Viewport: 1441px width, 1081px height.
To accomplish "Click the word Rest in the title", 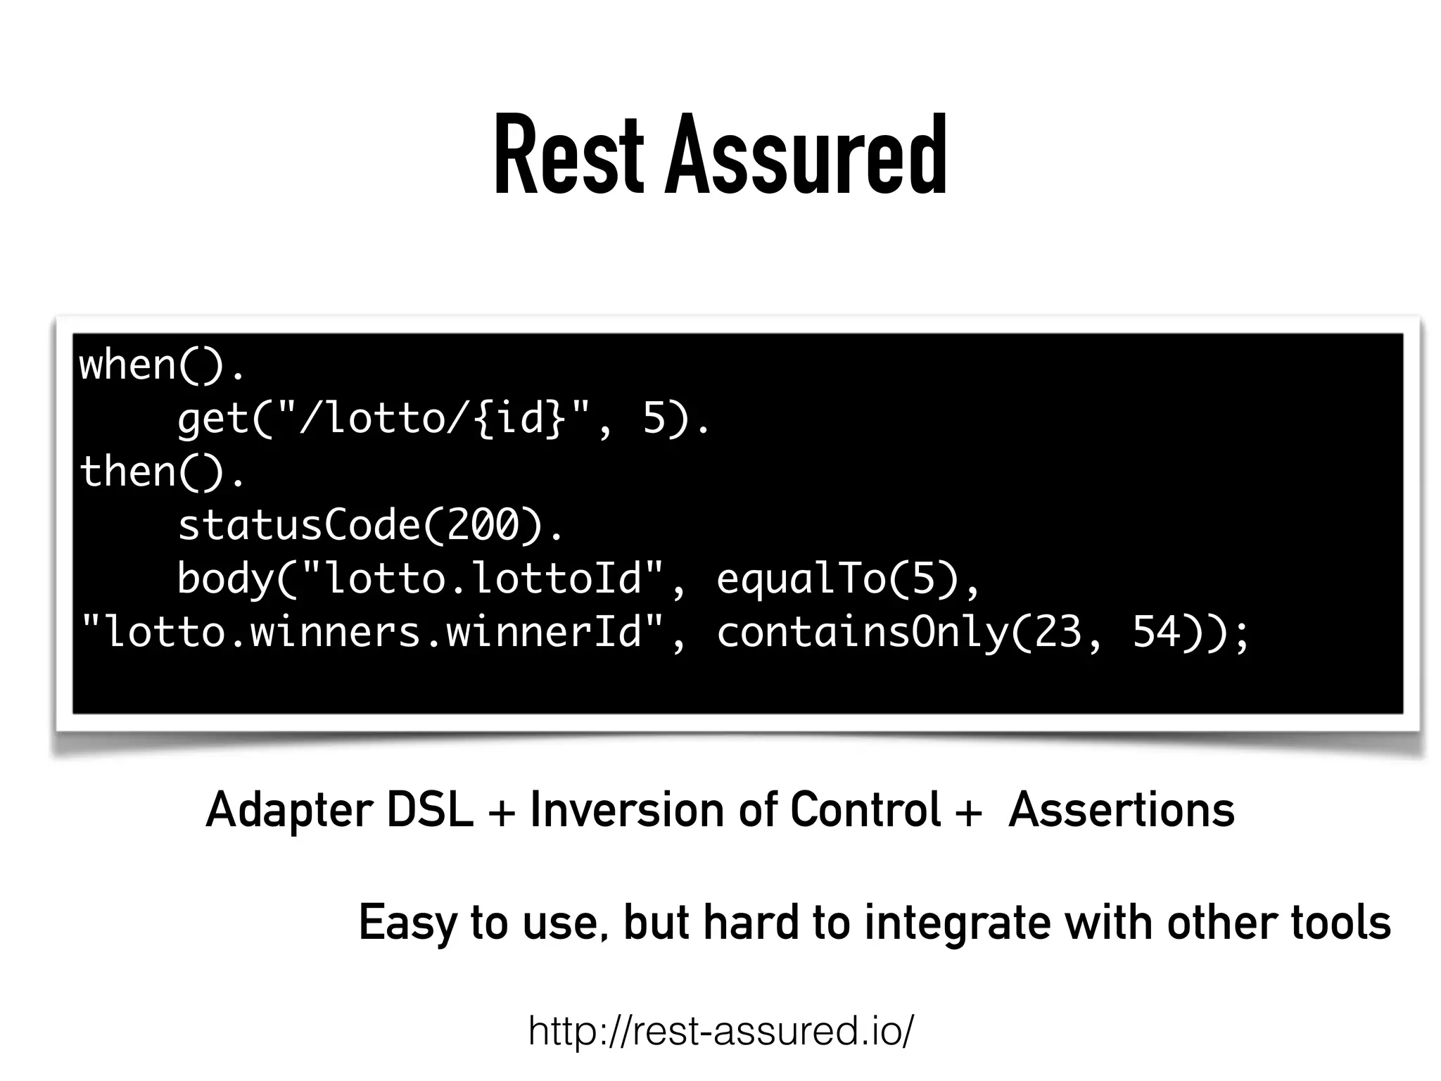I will tap(569, 156).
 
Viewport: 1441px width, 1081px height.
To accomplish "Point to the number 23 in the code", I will tap(1058, 631).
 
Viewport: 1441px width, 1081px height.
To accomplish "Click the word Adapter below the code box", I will tap(288, 811).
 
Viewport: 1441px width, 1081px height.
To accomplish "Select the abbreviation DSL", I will tap(430, 809).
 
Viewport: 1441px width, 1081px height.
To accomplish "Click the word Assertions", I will tap(1122, 809).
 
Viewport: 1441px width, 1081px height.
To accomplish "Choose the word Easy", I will tap(408, 923).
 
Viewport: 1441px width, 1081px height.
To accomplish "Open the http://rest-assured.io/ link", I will tap(720, 1031).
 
